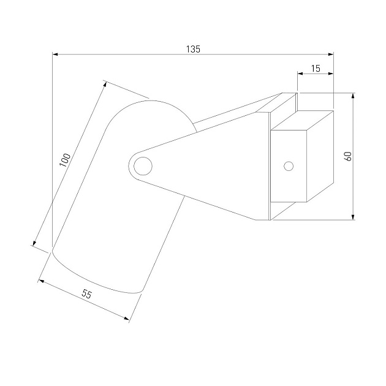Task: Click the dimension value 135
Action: pos(193,49)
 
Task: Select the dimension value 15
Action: pos(316,69)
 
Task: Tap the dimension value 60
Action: pos(349,157)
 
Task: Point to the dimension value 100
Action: pos(65,160)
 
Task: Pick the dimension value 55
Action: pos(86,294)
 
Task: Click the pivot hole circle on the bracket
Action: pos(143,166)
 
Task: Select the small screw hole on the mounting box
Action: pos(289,166)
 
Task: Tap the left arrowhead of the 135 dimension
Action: pos(55,54)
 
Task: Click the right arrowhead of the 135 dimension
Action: pos(331,54)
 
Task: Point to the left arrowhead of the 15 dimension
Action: pos(300,74)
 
